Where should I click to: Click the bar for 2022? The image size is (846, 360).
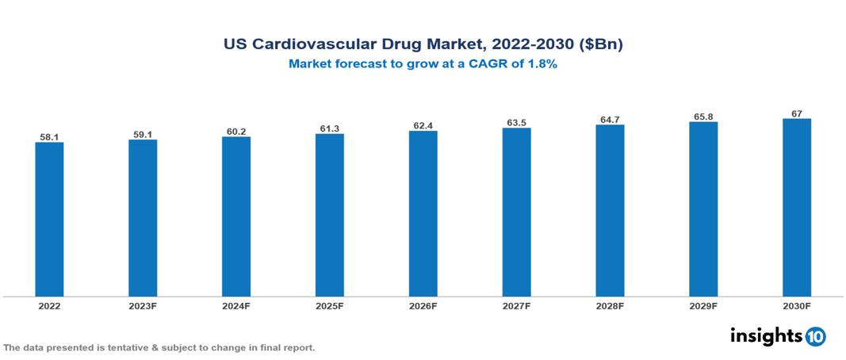pyautogui.click(x=49, y=219)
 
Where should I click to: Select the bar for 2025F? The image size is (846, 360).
pyautogui.click(x=330, y=215)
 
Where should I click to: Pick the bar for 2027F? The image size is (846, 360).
pyautogui.click(x=516, y=212)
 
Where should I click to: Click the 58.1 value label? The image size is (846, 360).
pyautogui.click(x=49, y=137)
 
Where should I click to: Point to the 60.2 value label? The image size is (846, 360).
pyautogui.click(x=236, y=132)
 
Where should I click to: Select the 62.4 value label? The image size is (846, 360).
pyautogui.click(x=423, y=125)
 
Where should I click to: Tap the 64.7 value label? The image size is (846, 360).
pyautogui.click(x=610, y=120)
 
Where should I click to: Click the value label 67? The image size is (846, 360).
pyautogui.click(x=797, y=113)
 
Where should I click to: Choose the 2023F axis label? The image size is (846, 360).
pyautogui.click(x=143, y=305)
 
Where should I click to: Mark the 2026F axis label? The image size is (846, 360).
pyautogui.click(x=423, y=305)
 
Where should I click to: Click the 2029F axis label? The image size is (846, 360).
pyautogui.click(x=703, y=305)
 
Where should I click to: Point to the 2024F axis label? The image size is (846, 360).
pyautogui.click(x=236, y=305)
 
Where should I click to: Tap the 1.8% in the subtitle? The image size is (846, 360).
pyautogui.click(x=542, y=65)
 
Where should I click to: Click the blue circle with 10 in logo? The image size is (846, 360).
pyautogui.click(x=815, y=336)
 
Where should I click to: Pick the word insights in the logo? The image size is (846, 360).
pyautogui.click(x=766, y=335)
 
